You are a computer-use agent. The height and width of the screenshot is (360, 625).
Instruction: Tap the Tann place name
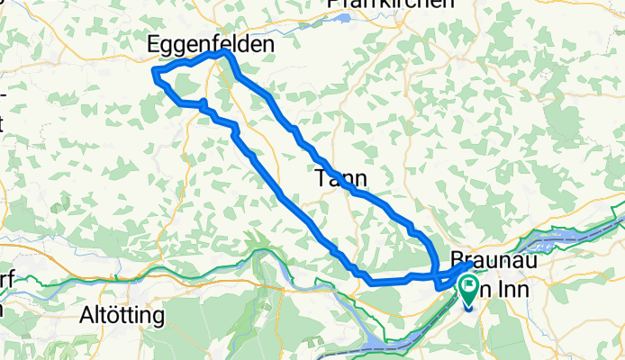340,178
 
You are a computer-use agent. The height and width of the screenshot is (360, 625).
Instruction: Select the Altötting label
122,316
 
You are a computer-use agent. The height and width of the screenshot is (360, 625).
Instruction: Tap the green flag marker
470,288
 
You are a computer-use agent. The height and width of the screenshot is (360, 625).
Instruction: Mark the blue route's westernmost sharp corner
155,71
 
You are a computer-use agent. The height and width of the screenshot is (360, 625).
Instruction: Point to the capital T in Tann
321,178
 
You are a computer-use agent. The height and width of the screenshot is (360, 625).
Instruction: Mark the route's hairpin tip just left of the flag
439,286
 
